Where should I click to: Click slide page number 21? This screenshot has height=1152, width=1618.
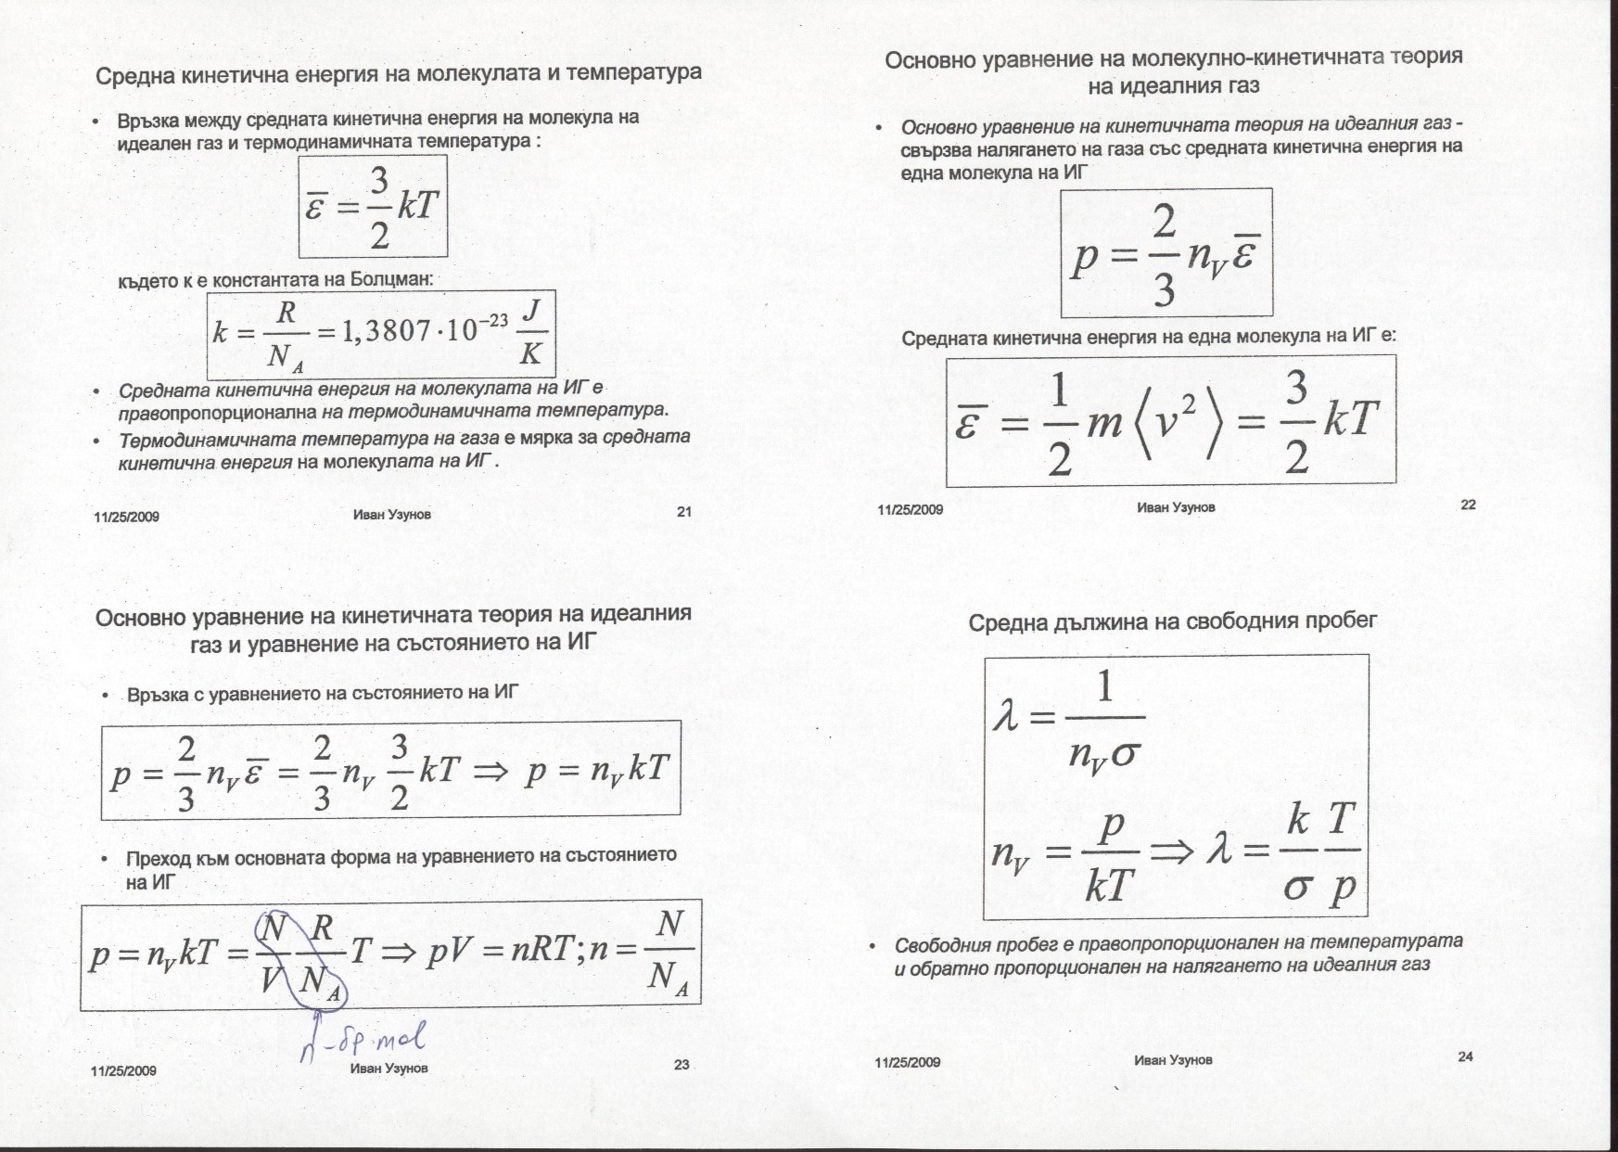coord(684,510)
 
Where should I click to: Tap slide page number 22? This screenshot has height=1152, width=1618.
coord(1468,505)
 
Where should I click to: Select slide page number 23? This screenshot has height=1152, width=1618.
coord(682,1065)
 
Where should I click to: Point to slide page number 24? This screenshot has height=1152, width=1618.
coord(1465,1056)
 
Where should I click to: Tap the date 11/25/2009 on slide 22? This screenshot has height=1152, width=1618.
coord(910,509)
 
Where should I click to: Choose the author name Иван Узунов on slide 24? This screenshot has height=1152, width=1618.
coord(1172,1059)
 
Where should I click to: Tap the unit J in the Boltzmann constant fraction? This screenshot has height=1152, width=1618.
coord(529,314)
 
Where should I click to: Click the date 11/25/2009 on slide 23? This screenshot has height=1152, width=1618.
coord(123,1070)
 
